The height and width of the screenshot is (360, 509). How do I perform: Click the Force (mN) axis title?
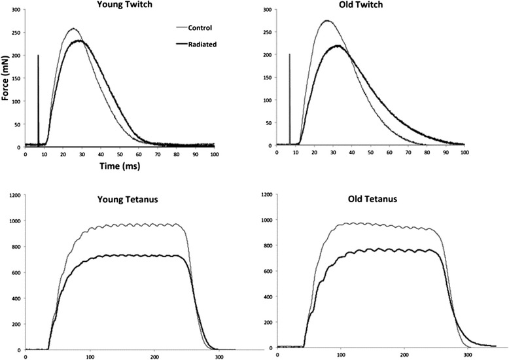click(6, 77)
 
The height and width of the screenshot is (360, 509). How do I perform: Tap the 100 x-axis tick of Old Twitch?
click(464, 153)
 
